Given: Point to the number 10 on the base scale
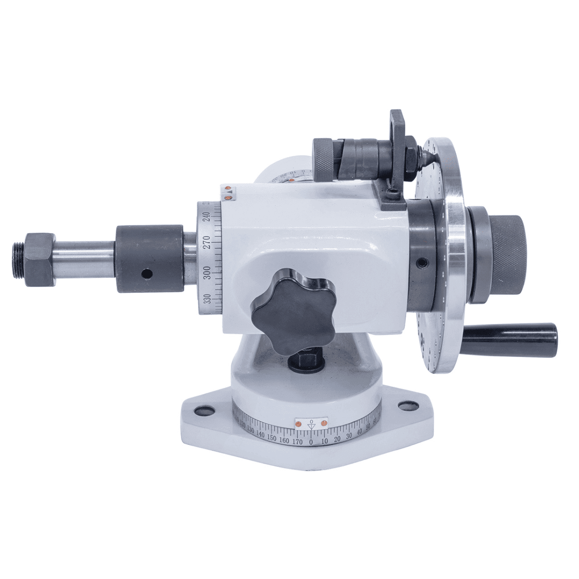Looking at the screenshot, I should click(324, 440).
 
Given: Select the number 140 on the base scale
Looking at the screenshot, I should click(261, 435).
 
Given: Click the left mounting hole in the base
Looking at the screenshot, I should click(200, 411).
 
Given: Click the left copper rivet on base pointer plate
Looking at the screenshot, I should click(299, 424).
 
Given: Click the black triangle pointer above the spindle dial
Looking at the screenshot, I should click(230, 192).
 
